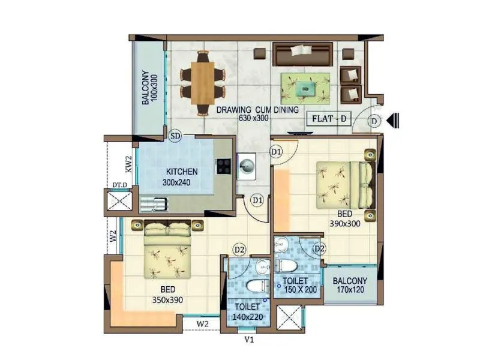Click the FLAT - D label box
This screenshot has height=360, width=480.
pos(329,118)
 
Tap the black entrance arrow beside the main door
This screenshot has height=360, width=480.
pos(394,121)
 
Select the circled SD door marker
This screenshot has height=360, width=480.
pos(175,136)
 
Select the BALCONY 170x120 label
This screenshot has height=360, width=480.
pos(350,285)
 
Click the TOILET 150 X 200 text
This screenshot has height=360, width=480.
pos(300,286)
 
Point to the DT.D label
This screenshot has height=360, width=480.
pos(119,185)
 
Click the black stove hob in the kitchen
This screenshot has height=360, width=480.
pos(224,166)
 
